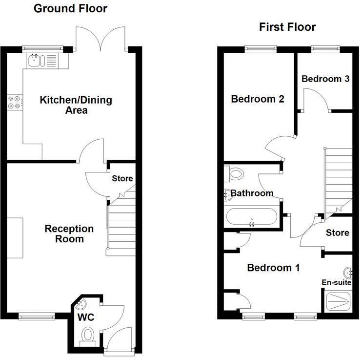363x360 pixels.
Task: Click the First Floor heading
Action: (x=287, y=27)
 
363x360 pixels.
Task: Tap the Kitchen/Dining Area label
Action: (x=76, y=105)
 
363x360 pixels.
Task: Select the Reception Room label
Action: (x=69, y=233)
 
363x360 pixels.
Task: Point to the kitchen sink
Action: (x=36, y=61)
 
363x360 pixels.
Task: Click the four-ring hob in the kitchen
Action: (x=14, y=101)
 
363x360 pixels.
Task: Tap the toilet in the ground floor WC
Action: (x=88, y=336)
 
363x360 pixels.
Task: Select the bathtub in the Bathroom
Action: (x=251, y=217)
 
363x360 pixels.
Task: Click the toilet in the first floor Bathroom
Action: (x=236, y=173)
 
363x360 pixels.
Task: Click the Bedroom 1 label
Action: (x=273, y=268)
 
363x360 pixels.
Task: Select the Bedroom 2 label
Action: (x=258, y=99)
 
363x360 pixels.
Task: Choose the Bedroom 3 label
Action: (x=325, y=79)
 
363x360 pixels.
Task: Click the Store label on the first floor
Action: (x=338, y=233)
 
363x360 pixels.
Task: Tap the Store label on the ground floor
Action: (x=122, y=178)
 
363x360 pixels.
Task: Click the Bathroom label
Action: (x=252, y=193)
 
